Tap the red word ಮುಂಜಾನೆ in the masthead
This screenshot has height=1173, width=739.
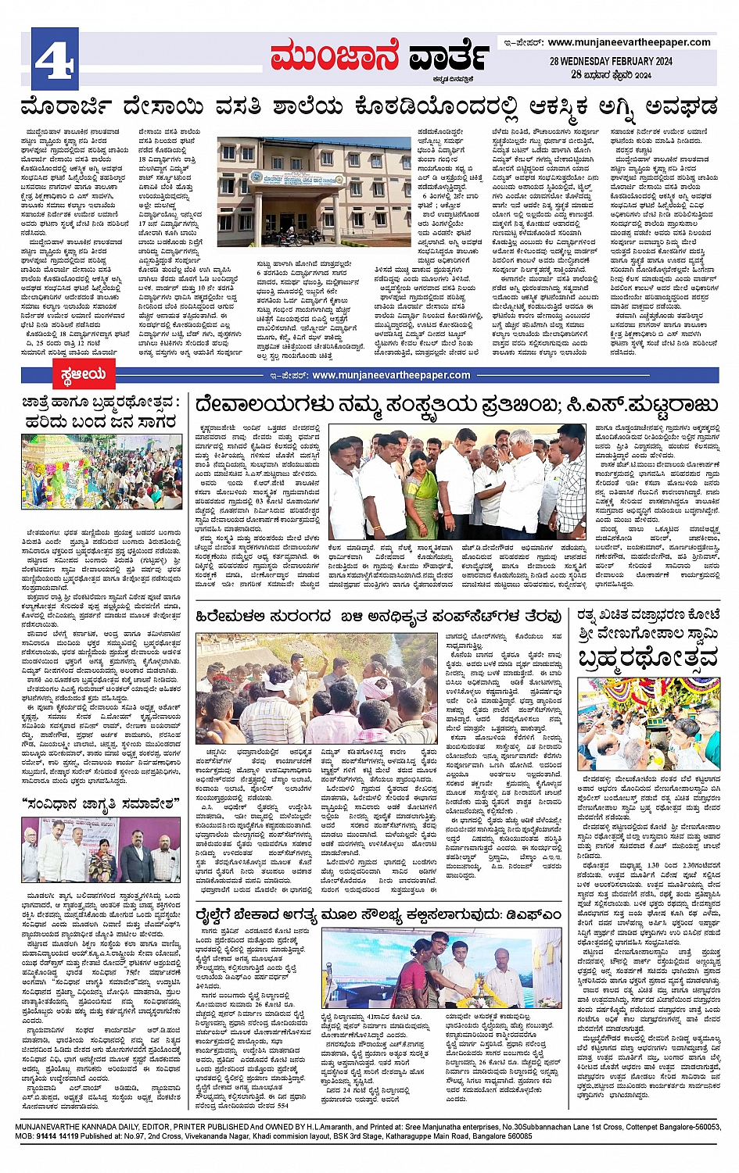click(335, 57)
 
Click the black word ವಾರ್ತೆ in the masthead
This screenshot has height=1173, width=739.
click(448, 57)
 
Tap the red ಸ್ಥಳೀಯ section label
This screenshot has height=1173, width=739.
click(82, 375)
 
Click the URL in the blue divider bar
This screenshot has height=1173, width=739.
click(391, 375)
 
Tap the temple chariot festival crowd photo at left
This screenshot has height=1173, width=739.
click(101, 472)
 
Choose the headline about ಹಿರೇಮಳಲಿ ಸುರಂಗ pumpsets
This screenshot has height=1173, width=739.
click(378, 616)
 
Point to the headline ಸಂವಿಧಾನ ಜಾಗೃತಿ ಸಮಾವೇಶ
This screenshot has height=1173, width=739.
click(101, 803)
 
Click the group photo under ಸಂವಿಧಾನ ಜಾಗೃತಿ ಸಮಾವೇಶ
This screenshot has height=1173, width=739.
click(101, 849)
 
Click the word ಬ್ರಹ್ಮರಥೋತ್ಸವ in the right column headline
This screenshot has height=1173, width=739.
click(648, 659)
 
